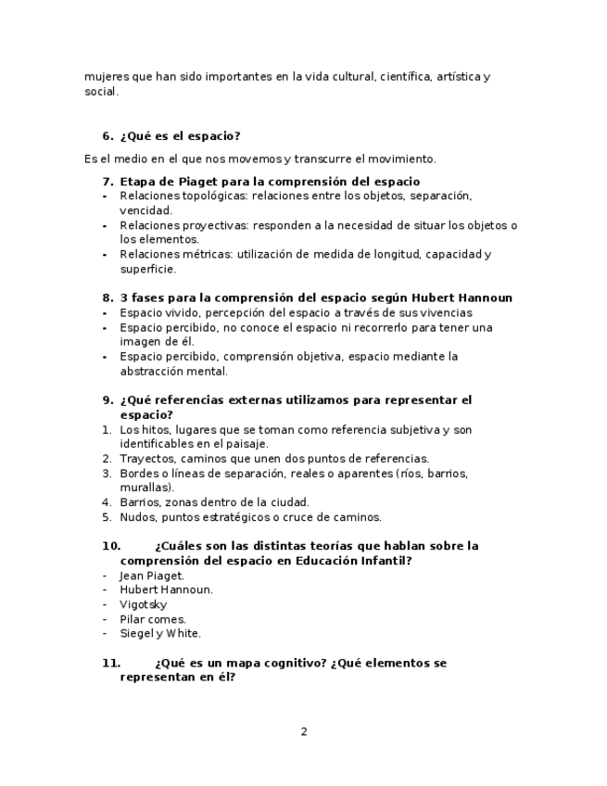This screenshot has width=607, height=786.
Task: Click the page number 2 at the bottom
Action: tap(303, 731)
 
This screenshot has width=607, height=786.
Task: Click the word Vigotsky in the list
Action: tap(143, 604)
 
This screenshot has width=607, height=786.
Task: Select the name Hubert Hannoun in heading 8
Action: tap(466, 298)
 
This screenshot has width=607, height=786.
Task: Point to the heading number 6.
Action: tap(107, 136)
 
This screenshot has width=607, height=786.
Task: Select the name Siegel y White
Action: tap(159, 634)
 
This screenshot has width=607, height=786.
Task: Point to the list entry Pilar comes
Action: tap(152, 619)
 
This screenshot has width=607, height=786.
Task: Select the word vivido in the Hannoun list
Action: tap(179, 313)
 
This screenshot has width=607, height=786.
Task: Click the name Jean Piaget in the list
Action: tap(151, 576)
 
